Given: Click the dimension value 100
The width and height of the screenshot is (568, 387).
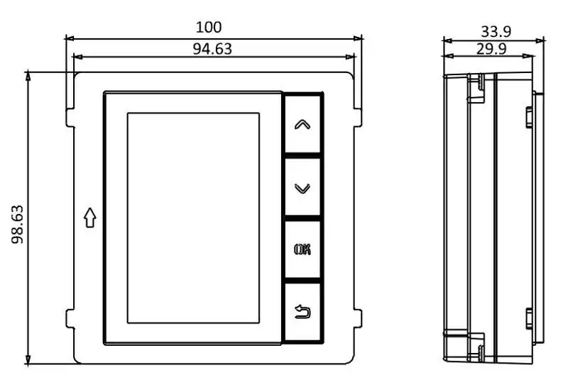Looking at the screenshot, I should point(209,27).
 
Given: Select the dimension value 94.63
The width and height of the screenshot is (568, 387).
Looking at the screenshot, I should point(212,48).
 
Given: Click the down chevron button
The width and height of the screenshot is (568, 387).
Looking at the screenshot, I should point(302,188).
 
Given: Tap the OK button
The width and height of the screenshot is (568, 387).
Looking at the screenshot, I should point(302,249).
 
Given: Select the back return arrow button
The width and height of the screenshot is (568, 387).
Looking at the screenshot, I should point(302,310).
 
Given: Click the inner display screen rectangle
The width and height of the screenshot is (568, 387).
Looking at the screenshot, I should point(192,218).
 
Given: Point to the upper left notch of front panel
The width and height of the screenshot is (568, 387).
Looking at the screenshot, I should point(70,118).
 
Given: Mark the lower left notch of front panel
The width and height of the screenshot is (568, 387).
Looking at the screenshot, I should point(70,318).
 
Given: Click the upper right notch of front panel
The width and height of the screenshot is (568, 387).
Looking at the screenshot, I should point(357,118).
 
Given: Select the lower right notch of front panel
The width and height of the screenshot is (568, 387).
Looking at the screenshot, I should point(357,318).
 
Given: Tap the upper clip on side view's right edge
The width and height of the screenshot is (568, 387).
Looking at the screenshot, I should point(530,117).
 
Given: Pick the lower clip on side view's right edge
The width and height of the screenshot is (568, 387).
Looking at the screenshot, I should point(530,318).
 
